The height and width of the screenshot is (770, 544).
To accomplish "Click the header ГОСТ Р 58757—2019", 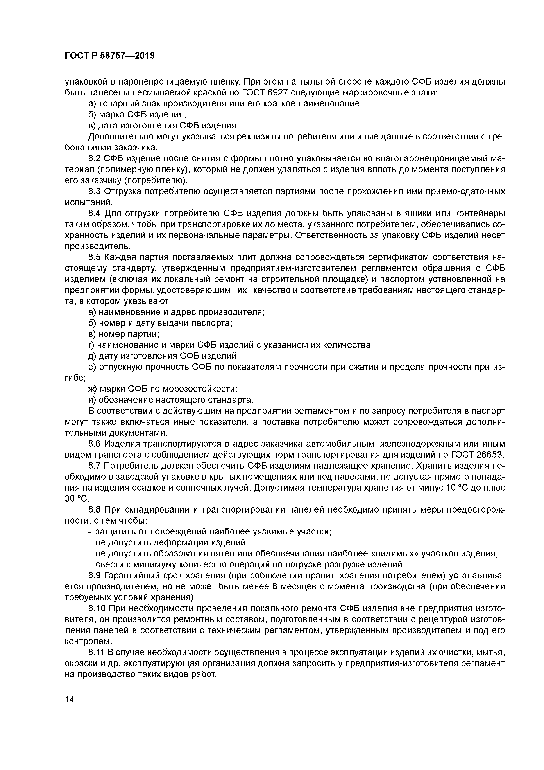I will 110,56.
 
